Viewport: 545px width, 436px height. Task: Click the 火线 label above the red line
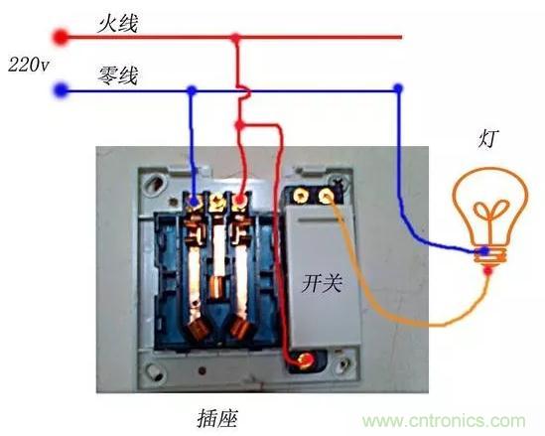[117, 23]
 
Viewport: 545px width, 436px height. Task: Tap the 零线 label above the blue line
[117, 75]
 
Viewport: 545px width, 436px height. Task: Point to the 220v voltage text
[29, 65]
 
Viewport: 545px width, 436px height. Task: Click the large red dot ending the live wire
[61, 37]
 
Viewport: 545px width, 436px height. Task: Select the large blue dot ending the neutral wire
[62, 90]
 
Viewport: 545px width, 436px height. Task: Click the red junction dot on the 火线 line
[236, 37]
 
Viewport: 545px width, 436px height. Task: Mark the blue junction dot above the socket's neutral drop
[192, 90]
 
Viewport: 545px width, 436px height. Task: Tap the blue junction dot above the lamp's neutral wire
[398, 88]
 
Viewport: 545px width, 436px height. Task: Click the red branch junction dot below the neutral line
[239, 125]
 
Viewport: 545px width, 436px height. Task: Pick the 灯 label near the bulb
[488, 139]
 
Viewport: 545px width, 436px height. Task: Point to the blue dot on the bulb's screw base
[483, 250]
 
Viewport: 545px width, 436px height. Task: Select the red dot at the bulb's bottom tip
[488, 270]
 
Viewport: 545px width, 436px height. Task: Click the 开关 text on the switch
[322, 283]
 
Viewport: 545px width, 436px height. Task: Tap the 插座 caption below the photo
[218, 418]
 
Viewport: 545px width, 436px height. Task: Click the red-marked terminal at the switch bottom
[306, 361]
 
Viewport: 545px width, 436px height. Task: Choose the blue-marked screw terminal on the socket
[194, 201]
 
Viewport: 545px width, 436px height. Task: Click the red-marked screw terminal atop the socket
[239, 200]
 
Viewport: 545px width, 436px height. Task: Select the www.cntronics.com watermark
[444, 421]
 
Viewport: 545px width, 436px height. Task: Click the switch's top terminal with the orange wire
[326, 197]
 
